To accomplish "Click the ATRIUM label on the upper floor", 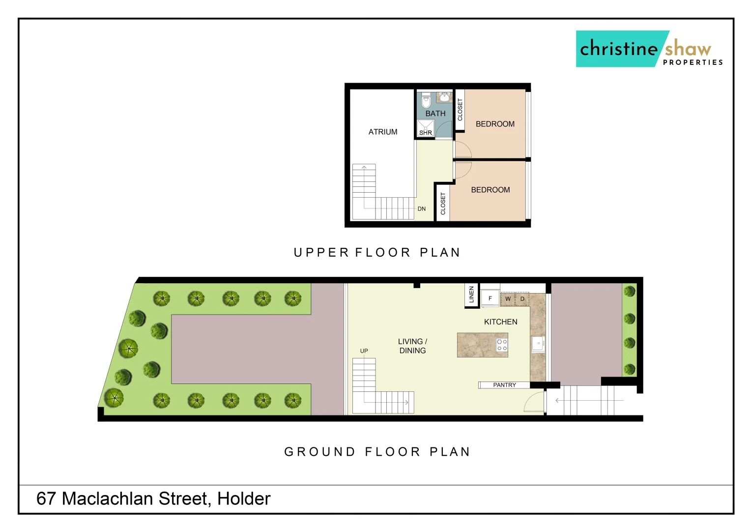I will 383,132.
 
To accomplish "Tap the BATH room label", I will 435,114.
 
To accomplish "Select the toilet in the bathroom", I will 426,100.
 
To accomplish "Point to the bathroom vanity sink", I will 444,97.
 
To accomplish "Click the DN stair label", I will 422,209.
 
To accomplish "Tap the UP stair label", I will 364,351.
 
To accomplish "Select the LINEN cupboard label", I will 471,295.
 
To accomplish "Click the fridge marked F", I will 490,298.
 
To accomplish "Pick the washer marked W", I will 508,299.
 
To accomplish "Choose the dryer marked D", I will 522,299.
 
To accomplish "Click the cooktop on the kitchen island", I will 502,345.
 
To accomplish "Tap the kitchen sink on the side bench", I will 538,343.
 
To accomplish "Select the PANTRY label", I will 504,385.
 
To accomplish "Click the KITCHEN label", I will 500,322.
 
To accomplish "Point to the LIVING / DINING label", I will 412,346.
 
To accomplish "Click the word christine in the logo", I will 618,49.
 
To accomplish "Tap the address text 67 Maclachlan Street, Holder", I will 153,499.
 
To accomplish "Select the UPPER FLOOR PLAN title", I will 376,253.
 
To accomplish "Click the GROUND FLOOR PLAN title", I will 377,452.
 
